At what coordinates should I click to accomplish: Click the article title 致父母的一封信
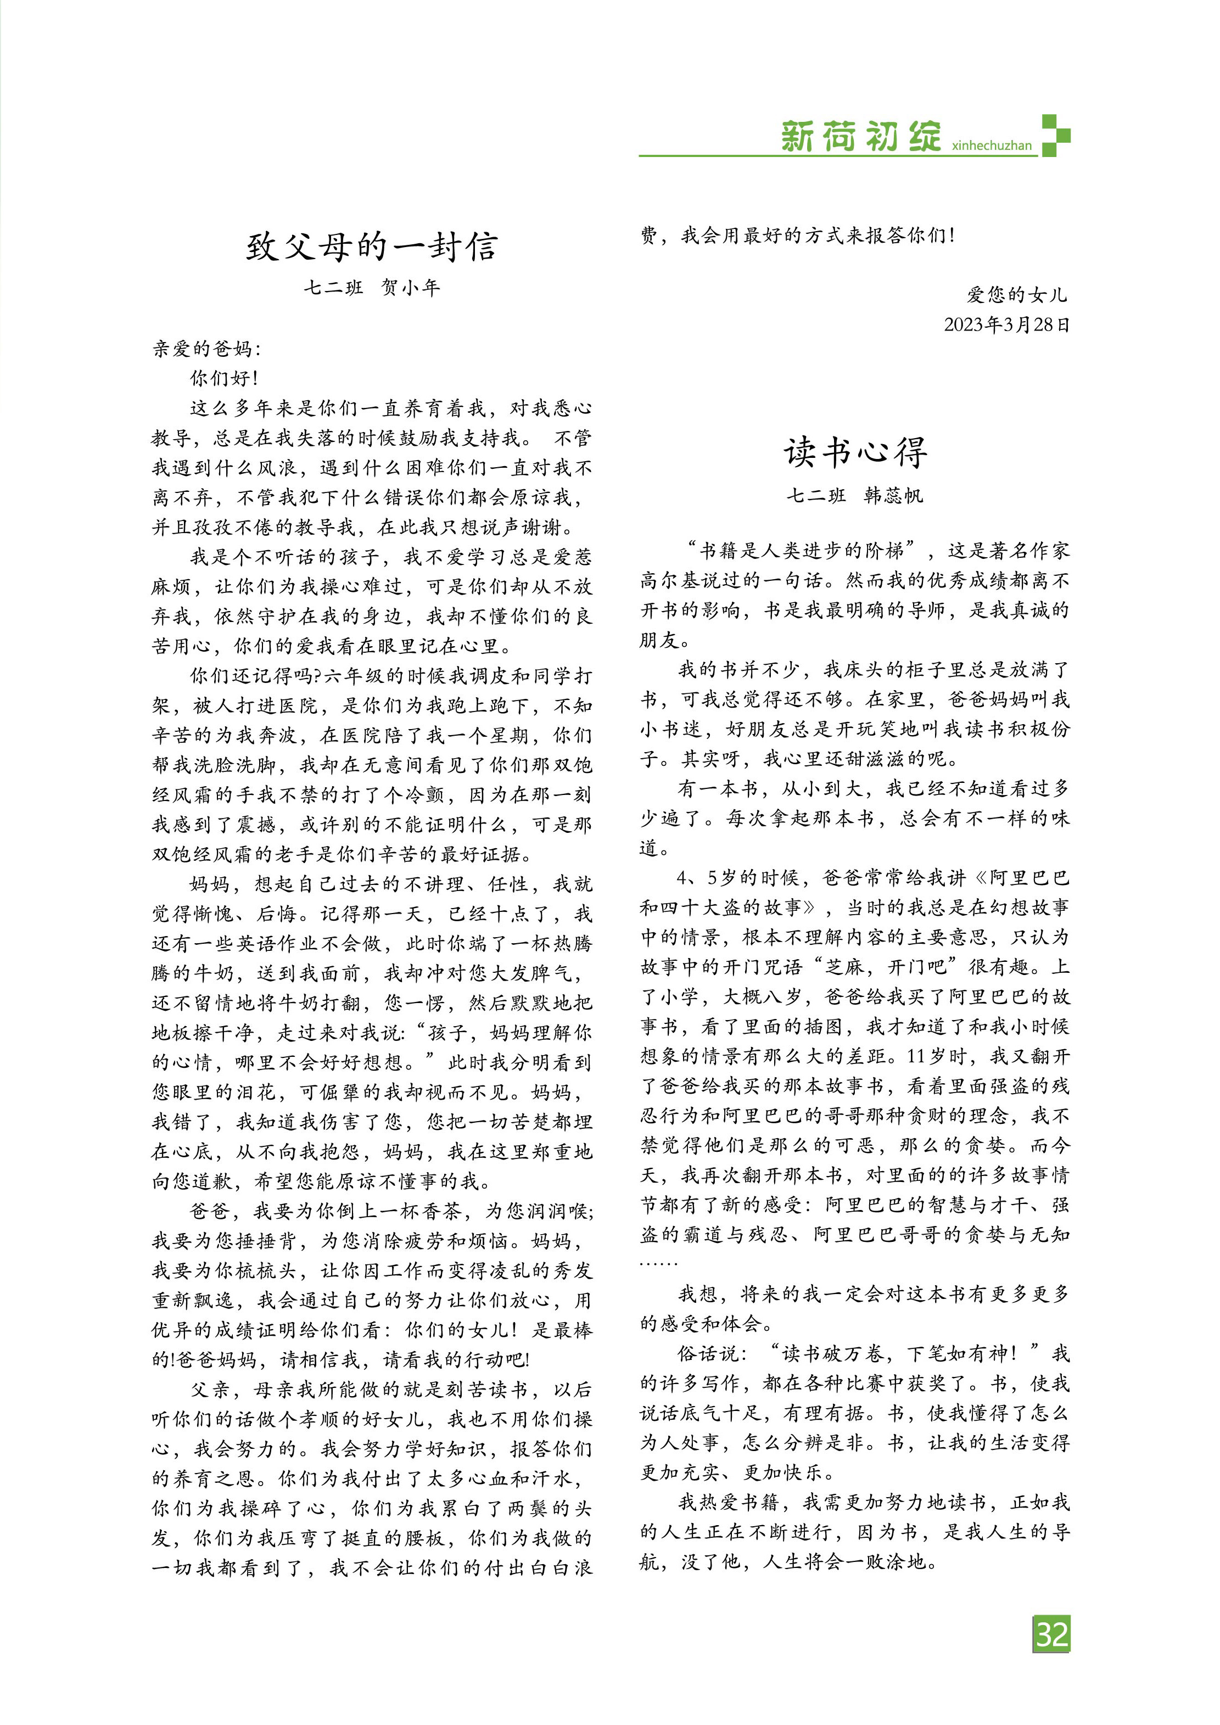point(372,247)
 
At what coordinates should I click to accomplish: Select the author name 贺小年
point(410,288)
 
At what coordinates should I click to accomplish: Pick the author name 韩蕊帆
point(893,496)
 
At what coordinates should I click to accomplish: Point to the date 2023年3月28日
point(1006,324)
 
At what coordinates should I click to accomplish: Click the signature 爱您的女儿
point(1016,294)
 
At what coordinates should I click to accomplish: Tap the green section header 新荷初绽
point(860,137)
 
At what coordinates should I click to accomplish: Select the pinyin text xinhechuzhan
point(991,145)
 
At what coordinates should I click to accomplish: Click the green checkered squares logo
point(1055,135)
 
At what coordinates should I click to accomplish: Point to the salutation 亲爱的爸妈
point(206,349)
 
